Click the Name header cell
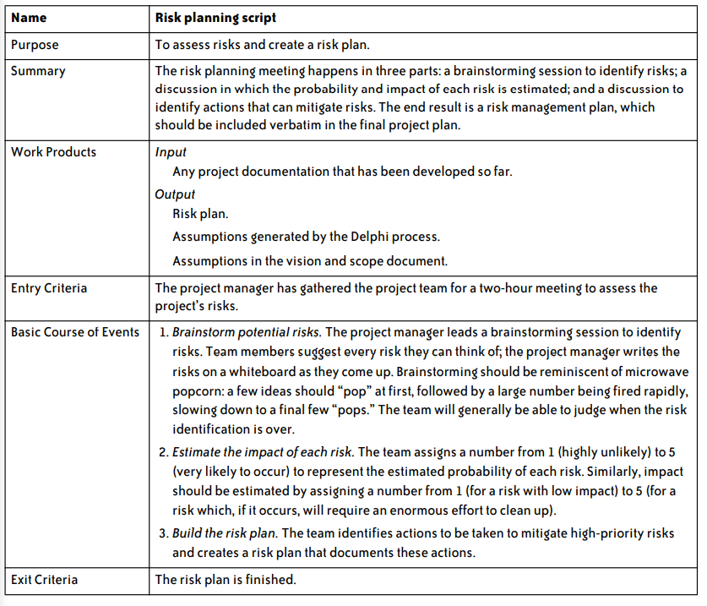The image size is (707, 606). (29, 17)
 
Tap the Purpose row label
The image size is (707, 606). (35, 45)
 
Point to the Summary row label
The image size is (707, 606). (38, 72)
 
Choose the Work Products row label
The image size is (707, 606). (53, 152)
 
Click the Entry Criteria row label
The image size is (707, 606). (49, 288)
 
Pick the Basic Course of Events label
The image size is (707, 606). (75, 332)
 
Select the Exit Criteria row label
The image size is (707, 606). (44, 580)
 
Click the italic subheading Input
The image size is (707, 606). (171, 153)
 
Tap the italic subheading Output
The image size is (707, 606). (175, 194)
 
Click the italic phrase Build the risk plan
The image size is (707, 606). (225, 533)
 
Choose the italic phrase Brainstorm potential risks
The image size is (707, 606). (248, 332)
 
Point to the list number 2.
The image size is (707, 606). (163, 451)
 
